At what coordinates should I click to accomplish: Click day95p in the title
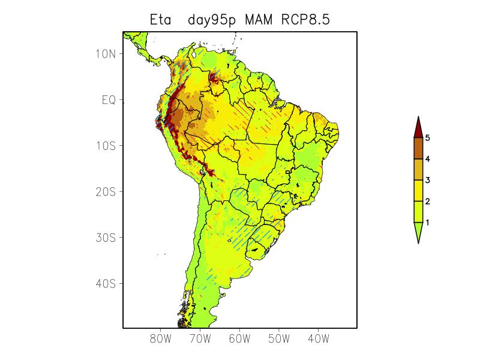point(213,20)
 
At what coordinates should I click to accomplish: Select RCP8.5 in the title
point(305,20)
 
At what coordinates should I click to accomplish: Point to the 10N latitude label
point(105,54)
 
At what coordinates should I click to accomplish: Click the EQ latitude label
point(108,100)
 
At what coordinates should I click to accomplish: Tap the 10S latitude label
point(105,146)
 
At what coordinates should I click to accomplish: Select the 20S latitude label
point(105,191)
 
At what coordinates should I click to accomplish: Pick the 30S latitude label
point(105,238)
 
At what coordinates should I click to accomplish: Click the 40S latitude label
point(105,283)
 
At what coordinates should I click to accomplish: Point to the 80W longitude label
point(160,339)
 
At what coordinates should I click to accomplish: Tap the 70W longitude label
point(200,339)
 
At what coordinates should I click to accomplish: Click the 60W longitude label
point(239,339)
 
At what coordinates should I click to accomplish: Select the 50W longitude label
point(279,339)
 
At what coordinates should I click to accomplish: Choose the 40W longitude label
point(319,339)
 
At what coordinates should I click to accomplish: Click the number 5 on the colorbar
point(428,138)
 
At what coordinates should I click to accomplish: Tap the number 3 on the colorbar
point(428,180)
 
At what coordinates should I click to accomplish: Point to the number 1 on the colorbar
point(428,223)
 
